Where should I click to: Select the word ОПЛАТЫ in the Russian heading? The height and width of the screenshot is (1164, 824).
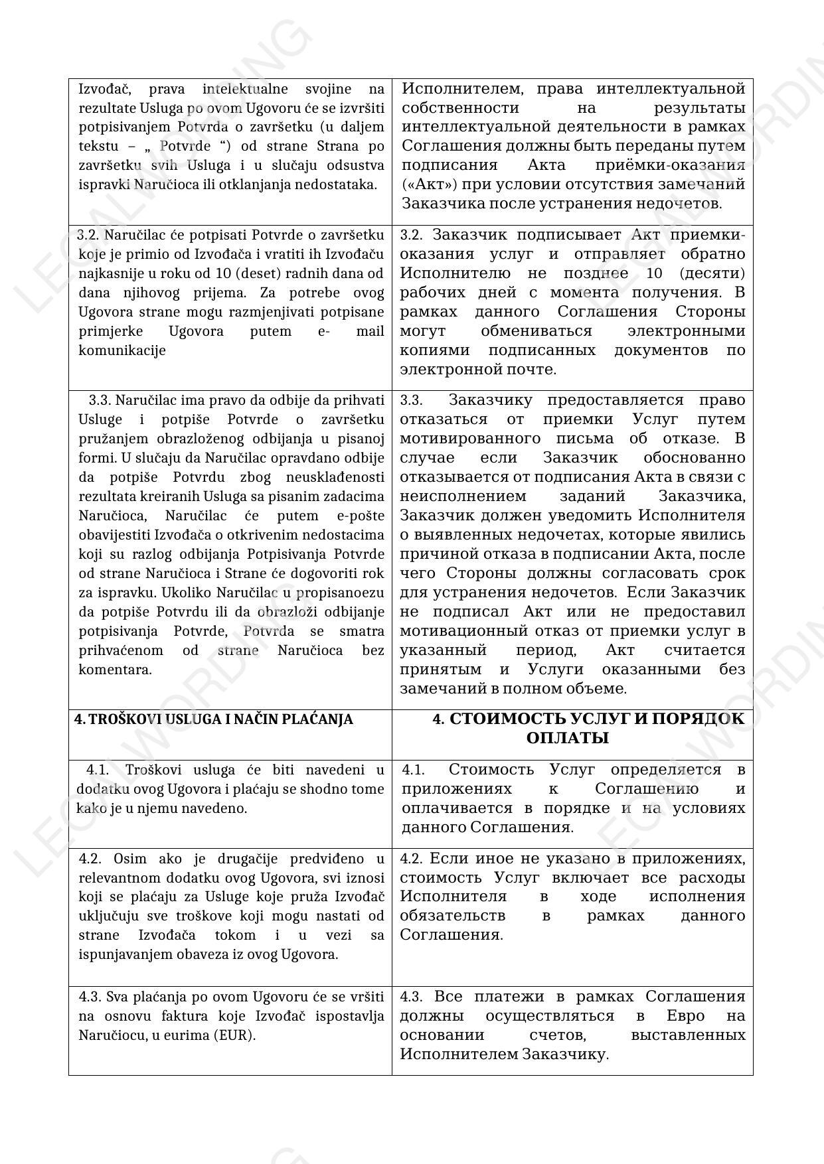(567, 738)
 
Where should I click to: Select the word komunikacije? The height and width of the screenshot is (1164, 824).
(122, 350)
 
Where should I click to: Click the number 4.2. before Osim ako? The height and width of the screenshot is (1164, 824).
(91, 859)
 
